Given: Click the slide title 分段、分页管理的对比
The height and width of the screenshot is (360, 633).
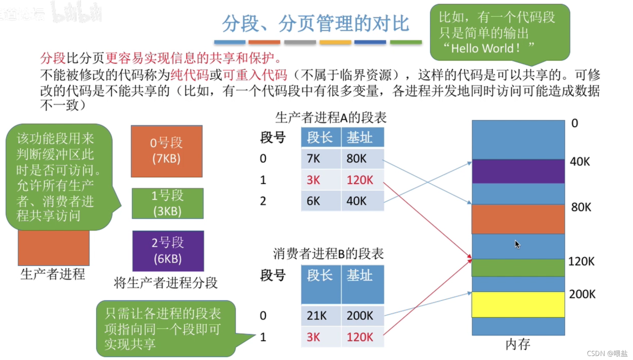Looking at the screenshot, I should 316,23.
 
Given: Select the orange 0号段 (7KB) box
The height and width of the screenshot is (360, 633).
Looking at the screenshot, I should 167,151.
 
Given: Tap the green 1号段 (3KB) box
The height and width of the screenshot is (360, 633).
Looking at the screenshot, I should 167,203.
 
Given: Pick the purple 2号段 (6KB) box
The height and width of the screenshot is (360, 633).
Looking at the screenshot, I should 168,250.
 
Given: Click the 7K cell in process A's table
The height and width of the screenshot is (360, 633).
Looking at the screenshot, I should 314,159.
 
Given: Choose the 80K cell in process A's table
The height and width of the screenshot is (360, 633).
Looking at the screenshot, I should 357,159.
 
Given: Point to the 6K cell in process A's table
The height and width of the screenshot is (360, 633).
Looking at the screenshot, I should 314,201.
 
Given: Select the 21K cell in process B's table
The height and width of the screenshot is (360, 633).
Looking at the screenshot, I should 316,316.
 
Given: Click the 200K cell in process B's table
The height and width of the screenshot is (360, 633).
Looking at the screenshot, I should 360,316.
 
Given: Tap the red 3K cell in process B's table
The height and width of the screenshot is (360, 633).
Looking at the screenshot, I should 313,337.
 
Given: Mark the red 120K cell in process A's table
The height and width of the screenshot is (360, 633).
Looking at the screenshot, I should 360,180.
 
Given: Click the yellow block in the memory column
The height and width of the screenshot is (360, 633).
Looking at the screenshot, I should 518,304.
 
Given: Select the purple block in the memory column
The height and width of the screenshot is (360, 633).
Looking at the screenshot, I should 518,171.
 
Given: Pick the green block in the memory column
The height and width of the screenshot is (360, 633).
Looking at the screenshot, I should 518,268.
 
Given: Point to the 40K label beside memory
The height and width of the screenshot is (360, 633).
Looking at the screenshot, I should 580,162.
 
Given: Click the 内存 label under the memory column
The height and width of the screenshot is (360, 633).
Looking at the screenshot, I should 518,344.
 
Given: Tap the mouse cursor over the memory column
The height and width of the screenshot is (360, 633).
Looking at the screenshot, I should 517,244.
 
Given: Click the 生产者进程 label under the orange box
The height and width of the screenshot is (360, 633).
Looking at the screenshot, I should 53,274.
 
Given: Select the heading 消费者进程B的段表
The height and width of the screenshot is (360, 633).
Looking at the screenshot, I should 328,254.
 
